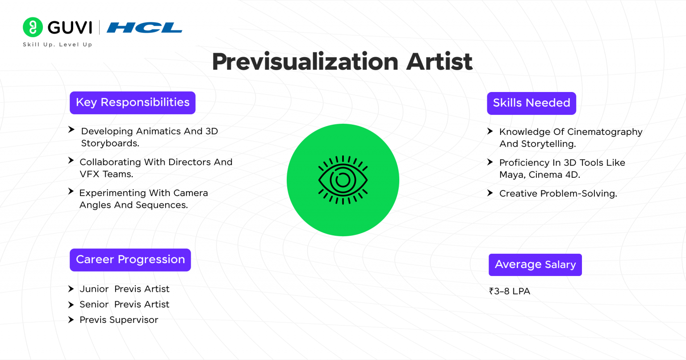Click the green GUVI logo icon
tap(33, 27)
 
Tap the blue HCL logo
tap(144, 28)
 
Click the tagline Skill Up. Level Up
tap(57, 45)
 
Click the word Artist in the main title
tap(439, 62)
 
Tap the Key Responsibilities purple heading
tap(133, 103)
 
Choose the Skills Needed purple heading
tap(531, 103)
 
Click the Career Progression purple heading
tap(130, 260)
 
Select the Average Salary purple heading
tap(535, 265)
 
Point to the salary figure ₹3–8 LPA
tap(510, 291)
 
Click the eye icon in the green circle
tap(343, 180)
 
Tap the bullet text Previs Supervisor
tap(119, 320)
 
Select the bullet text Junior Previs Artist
tap(125, 289)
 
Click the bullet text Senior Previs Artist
tap(125, 305)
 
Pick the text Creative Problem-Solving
tap(558, 193)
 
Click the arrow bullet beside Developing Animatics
tap(71, 130)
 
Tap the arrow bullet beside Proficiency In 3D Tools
tap(490, 162)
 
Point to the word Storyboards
tap(110, 143)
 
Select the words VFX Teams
tap(106, 174)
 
